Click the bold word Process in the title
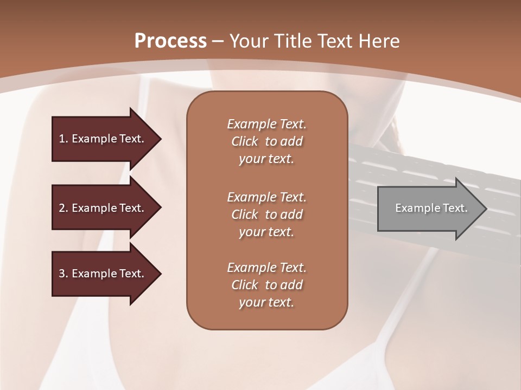pos(170,41)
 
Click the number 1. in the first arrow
pos(63,139)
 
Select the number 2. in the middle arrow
pos(63,208)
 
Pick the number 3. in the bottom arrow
pos(63,274)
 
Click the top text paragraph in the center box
pos(266,141)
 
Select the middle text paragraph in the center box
pos(266,214)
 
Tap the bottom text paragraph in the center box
pos(266,285)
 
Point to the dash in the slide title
pos(218,41)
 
